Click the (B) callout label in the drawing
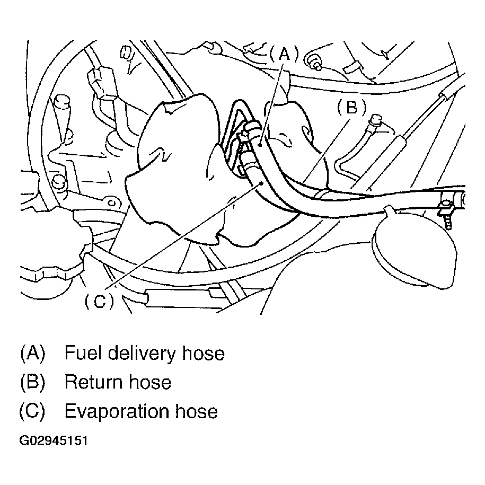[x=350, y=108]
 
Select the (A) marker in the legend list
[x=33, y=352]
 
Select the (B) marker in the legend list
[x=33, y=382]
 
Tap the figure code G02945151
[x=54, y=441]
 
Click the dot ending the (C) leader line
[x=262, y=182]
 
